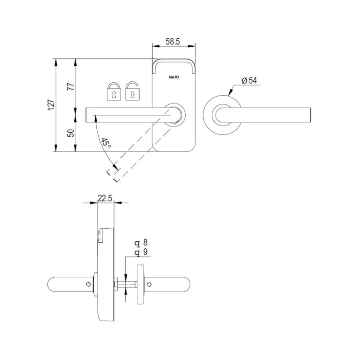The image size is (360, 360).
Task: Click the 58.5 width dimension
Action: (x=173, y=41)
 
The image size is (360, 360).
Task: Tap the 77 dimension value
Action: (x=70, y=86)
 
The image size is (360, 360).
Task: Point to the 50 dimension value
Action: (x=70, y=134)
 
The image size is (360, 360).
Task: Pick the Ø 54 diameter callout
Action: (x=249, y=81)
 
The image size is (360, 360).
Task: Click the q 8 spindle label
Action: (x=141, y=243)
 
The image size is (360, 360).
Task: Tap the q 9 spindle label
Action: (x=141, y=252)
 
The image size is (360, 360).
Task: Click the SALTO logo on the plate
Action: (x=174, y=77)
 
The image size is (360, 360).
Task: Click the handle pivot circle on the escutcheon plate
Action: (x=174, y=114)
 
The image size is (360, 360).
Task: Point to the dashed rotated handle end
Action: (x=112, y=175)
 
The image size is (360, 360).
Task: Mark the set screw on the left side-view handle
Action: (x=87, y=284)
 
